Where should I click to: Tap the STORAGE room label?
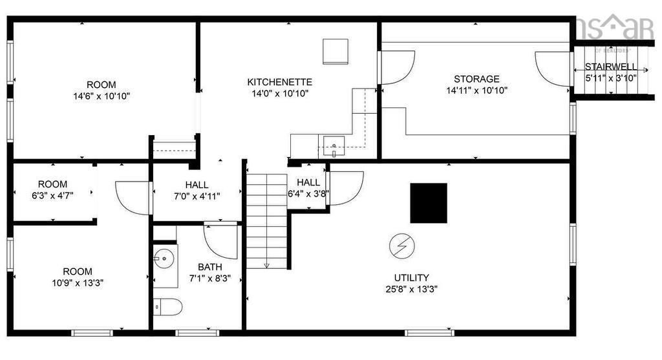(476, 79)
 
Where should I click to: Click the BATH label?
(209, 266)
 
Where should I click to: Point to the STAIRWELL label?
(610, 67)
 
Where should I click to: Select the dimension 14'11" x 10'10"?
(476, 90)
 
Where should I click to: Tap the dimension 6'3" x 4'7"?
(52, 196)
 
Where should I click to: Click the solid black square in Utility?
(429, 202)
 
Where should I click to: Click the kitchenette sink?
(334, 147)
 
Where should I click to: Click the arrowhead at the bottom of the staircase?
(266, 265)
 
